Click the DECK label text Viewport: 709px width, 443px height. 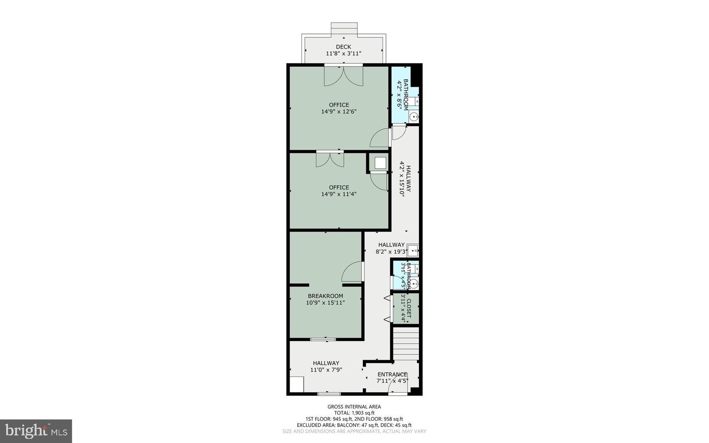pyautogui.click(x=343, y=47)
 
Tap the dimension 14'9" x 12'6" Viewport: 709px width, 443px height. pyautogui.click(x=339, y=112)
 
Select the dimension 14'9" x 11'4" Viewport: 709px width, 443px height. pyautogui.click(x=339, y=194)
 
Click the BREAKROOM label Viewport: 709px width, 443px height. pyautogui.click(x=325, y=296)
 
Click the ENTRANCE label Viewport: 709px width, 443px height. pyautogui.click(x=392, y=375)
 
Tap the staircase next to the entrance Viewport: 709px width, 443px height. pyautogui.click(x=406, y=345)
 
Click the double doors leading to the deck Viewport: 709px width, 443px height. pyautogui.click(x=344, y=76)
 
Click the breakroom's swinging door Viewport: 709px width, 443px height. pyautogui.click(x=352, y=272)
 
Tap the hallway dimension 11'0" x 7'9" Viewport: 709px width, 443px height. pyautogui.click(x=326, y=370)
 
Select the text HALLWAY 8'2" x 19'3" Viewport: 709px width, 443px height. pyautogui.click(x=391, y=248)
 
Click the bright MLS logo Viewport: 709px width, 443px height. pyautogui.click(x=36, y=431)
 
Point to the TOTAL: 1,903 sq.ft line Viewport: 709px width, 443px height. pyautogui.click(x=354, y=413)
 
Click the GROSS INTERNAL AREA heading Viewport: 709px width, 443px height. pyautogui.click(x=354, y=407)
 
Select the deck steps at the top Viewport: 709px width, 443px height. pyautogui.click(x=344, y=28)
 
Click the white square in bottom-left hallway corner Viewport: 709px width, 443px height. pyautogui.click(x=296, y=384)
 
